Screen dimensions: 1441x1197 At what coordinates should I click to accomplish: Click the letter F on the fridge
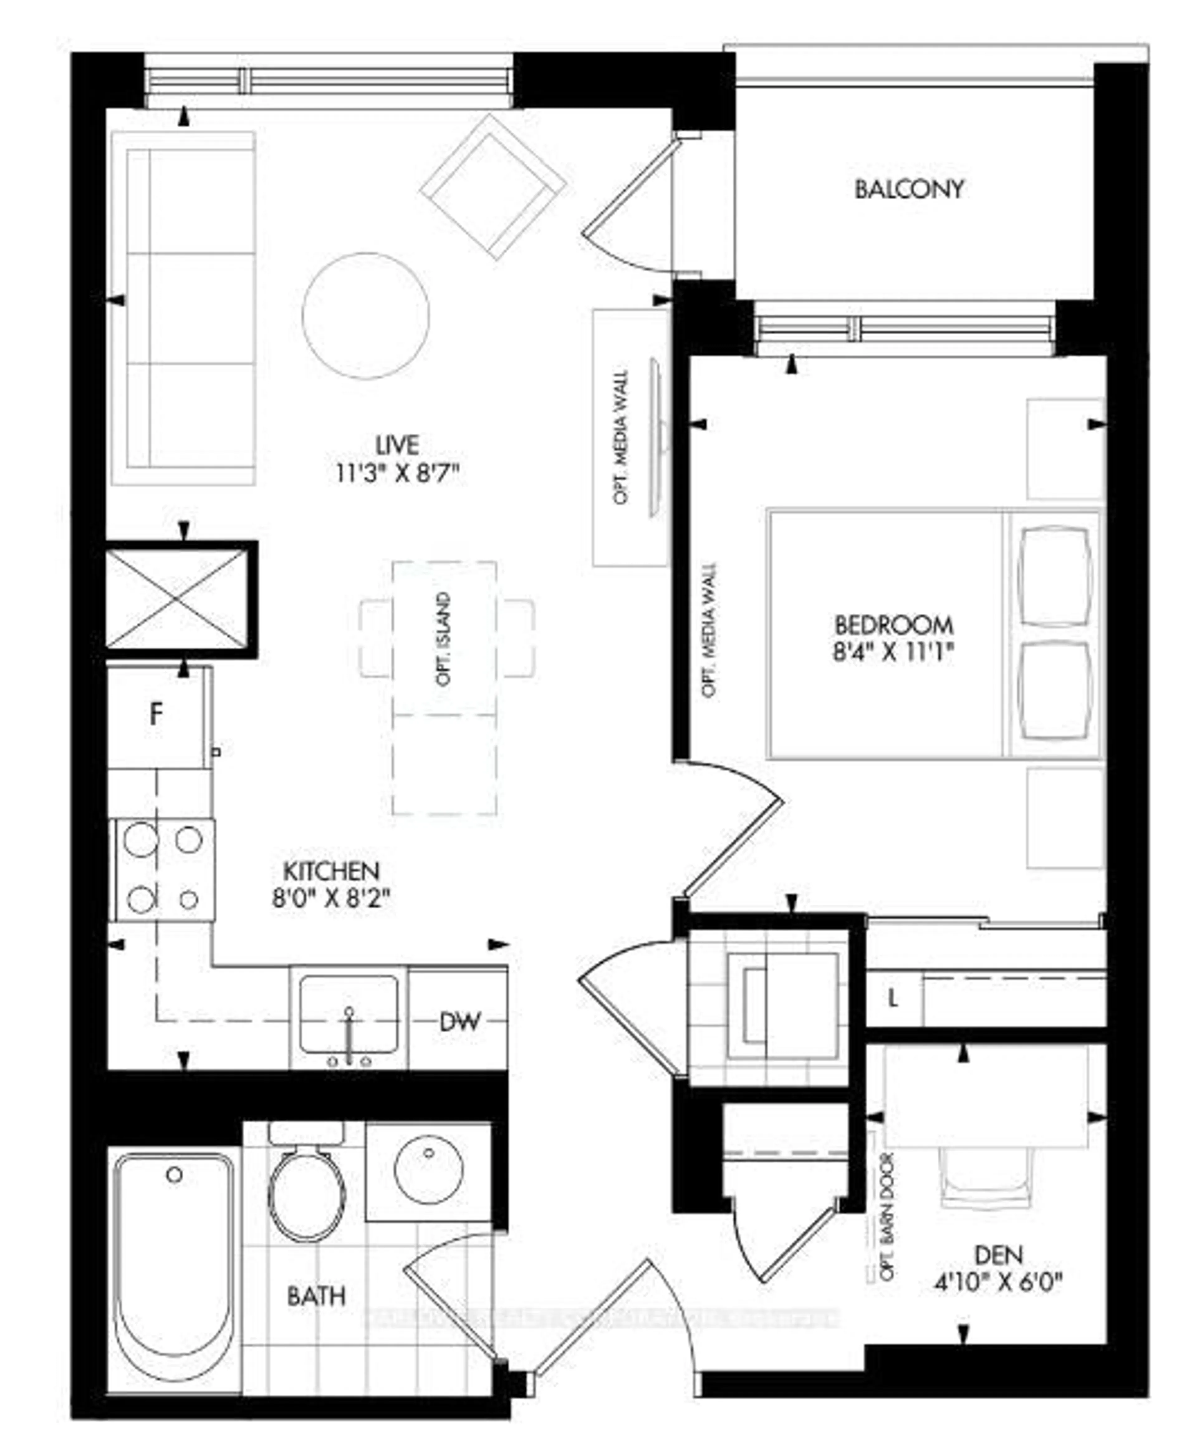tap(156, 715)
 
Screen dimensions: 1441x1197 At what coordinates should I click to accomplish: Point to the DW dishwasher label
tap(459, 1022)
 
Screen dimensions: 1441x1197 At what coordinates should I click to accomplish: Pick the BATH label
tap(315, 1296)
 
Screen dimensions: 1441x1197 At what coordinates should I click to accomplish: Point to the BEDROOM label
tap(893, 625)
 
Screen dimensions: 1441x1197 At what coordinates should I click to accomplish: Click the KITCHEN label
tap(331, 871)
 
